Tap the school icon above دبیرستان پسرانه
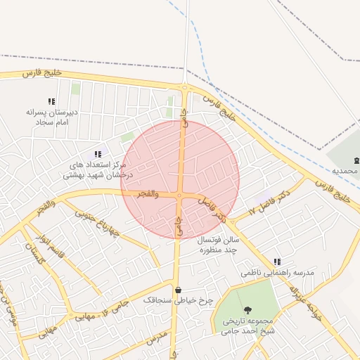tap(51, 101)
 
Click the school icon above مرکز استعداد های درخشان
tap(98, 154)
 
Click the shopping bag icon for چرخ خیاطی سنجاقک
tap(177, 290)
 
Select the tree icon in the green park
tap(247, 310)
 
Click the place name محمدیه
tap(345, 171)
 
